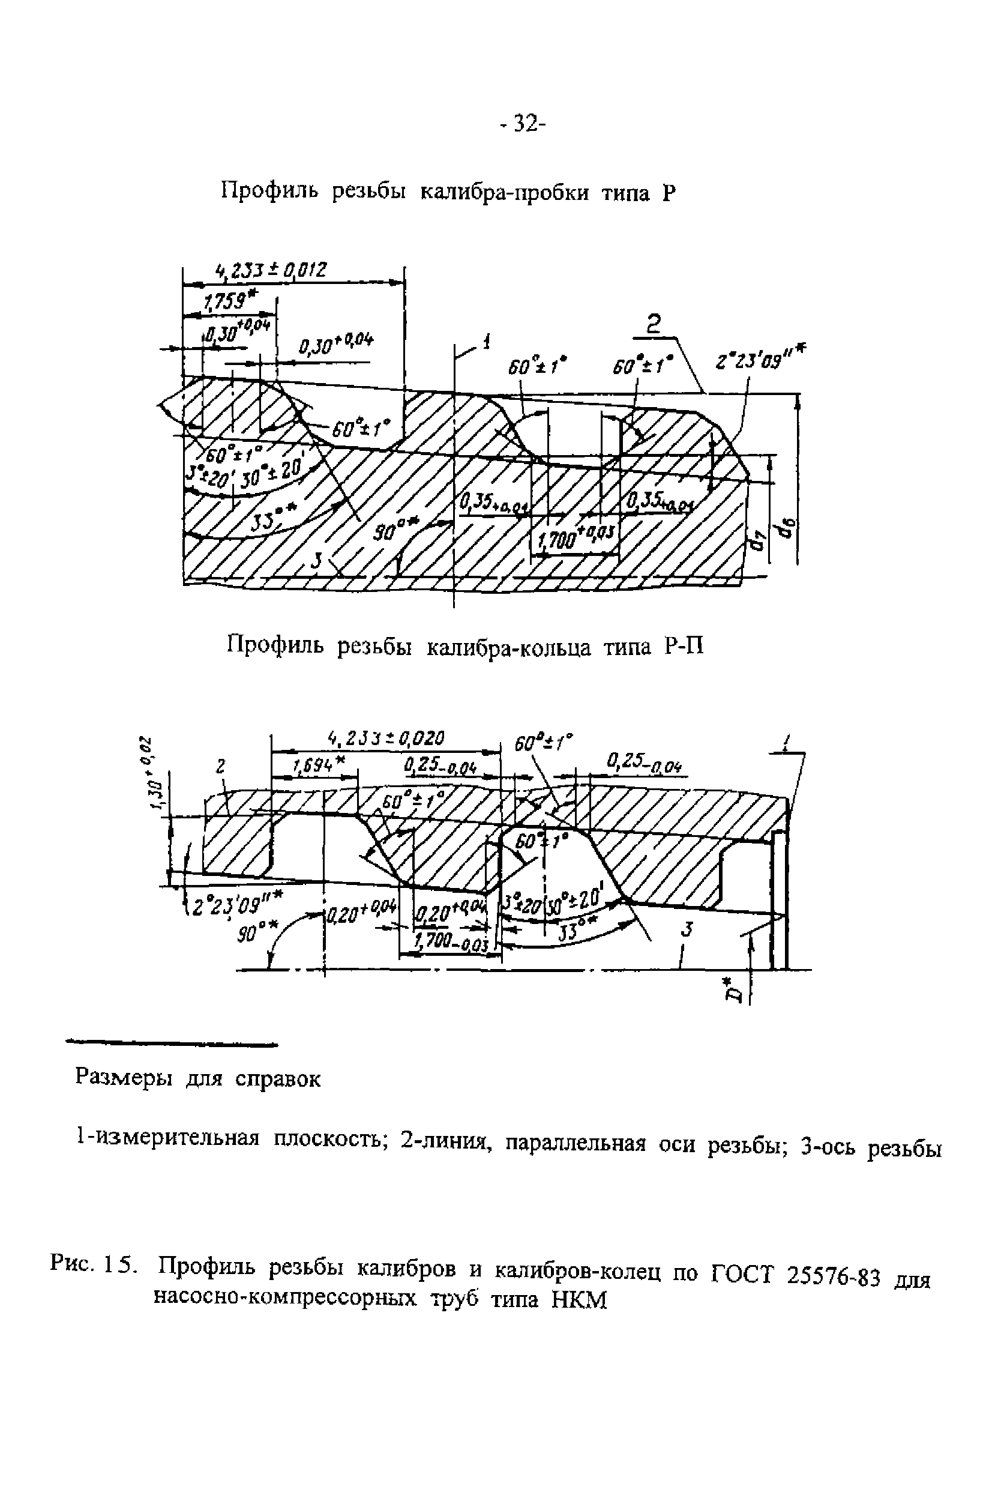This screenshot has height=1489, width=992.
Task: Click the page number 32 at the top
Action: tap(522, 124)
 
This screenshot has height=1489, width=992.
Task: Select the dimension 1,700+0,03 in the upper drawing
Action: tap(575, 540)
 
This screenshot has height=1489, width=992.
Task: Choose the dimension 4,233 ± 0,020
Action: tap(386, 738)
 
